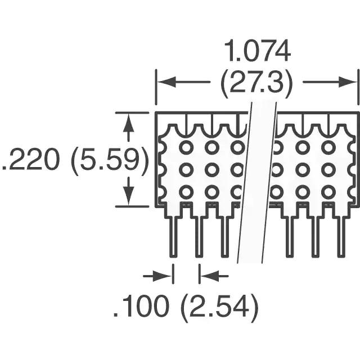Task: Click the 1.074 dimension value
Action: click(x=257, y=51)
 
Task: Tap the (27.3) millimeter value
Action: click(x=256, y=83)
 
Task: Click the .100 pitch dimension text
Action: click(x=141, y=305)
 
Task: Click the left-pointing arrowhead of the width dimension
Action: click(x=166, y=82)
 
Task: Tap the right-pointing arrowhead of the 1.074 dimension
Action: click(x=348, y=82)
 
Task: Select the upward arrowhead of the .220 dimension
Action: click(x=128, y=123)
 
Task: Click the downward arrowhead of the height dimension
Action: click(x=128, y=196)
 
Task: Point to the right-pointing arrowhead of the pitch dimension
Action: click(x=163, y=276)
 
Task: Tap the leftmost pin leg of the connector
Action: click(x=173, y=236)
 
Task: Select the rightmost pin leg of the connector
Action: click(x=341, y=236)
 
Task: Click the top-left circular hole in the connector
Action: click(x=186, y=147)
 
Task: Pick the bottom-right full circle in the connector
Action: click(x=328, y=192)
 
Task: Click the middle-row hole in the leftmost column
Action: click(x=186, y=170)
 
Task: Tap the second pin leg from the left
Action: click(x=199, y=236)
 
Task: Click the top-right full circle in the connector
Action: click(x=328, y=147)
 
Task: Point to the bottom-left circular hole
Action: click(x=186, y=192)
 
